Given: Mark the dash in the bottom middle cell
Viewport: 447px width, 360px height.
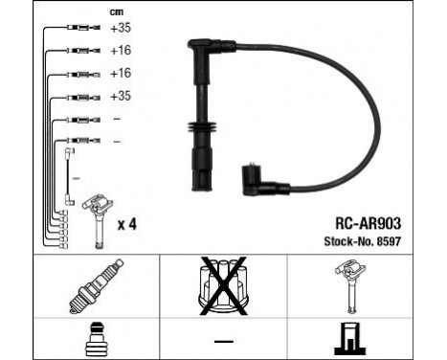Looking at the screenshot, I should [x=222, y=340].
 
